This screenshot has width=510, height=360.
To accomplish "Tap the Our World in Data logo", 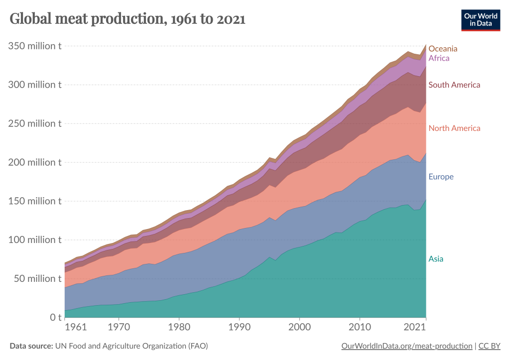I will pyautogui.click(x=480, y=19).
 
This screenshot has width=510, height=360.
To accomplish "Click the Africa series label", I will pyautogui.click(x=439, y=58).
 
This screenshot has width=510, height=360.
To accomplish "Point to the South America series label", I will pyautogui.click(x=454, y=85).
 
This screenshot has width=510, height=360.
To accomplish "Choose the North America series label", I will pyautogui.click(x=454, y=128).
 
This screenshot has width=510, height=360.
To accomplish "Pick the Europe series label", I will pyautogui.click(x=441, y=177).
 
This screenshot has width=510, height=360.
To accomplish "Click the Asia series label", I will pyautogui.click(x=436, y=259).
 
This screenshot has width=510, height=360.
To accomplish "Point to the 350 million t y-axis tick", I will pyautogui.click(x=35, y=46).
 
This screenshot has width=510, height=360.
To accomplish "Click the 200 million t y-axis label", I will pyautogui.click(x=35, y=162).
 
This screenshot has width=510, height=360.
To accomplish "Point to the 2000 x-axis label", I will pyautogui.click(x=299, y=329).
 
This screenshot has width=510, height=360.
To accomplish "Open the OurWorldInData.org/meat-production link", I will pyautogui.click(x=407, y=346).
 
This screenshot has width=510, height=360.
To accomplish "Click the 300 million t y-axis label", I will pyautogui.click(x=35, y=85).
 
